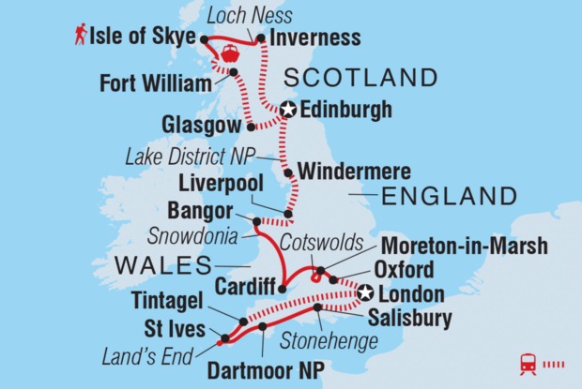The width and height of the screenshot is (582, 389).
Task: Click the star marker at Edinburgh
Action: click(288, 111)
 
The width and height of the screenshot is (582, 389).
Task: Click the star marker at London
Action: click(363, 293)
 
